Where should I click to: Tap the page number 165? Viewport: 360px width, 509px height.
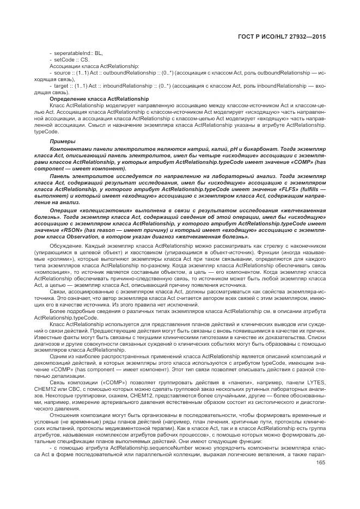point(321,448)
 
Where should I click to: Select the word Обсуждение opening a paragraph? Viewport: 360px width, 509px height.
point(64,247)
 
